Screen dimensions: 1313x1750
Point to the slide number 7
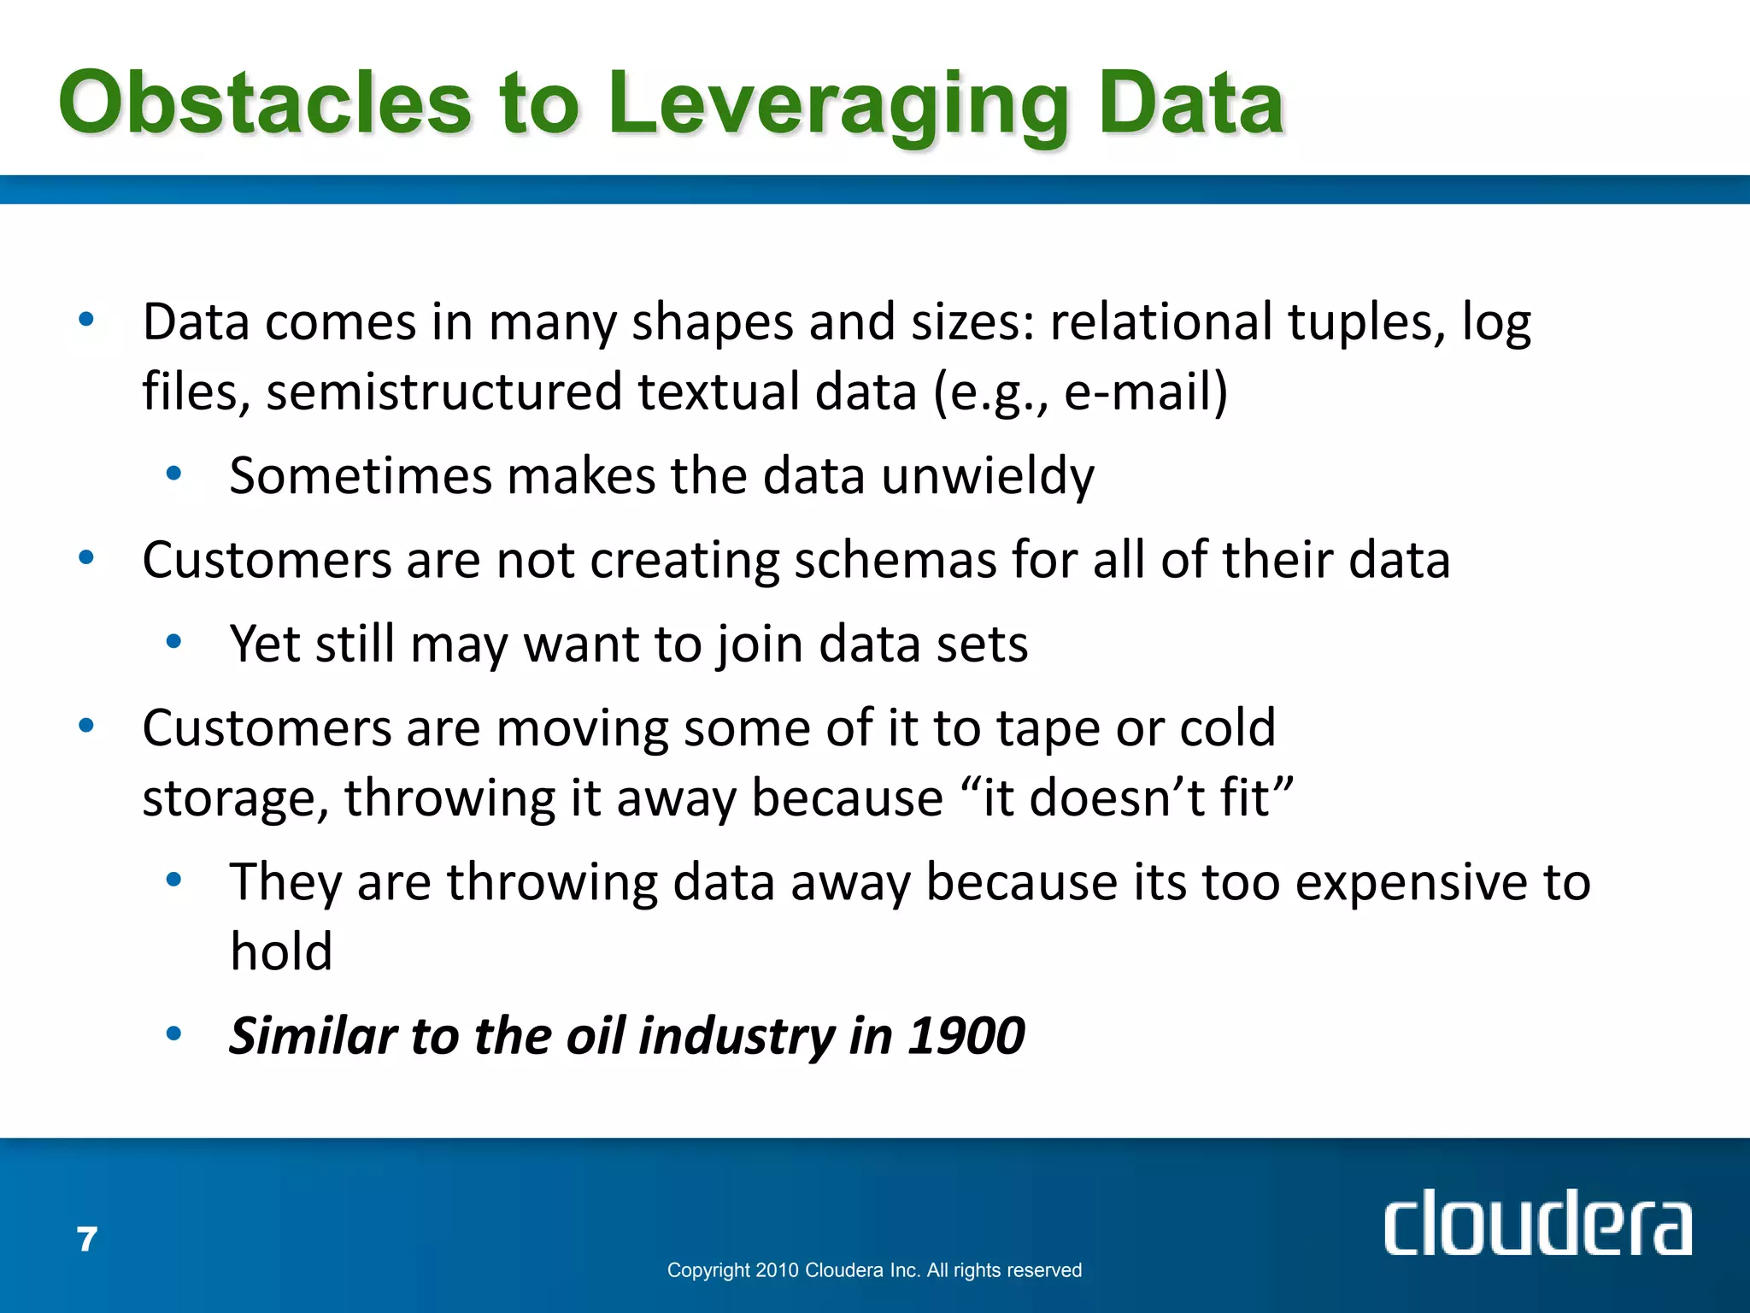87,1239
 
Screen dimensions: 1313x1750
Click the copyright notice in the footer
874,1270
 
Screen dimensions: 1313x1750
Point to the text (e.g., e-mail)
1080,392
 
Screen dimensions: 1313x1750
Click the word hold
281,952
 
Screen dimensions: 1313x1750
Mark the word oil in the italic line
595,1036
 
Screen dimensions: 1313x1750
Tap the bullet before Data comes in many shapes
86,321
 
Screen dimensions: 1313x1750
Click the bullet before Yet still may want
174,641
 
